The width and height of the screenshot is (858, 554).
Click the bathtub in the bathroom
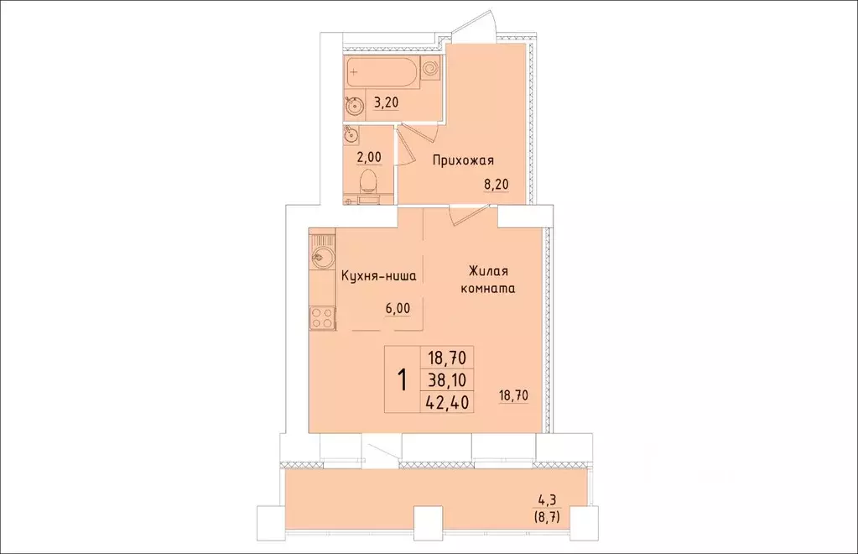point(382,73)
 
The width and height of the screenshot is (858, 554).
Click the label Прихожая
point(463,160)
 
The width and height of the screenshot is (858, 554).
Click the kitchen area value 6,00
point(398,307)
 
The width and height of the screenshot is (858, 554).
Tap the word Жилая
point(489,272)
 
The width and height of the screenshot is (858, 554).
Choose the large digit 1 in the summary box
point(403,379)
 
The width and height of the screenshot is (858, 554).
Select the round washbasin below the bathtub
point(354,105)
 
